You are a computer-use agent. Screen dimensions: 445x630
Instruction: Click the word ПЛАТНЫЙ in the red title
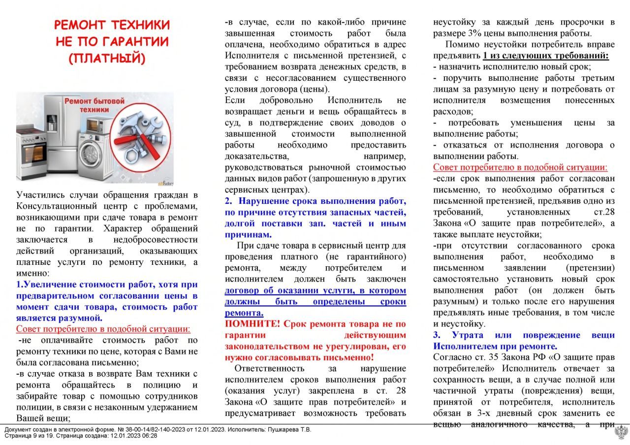point(107,58)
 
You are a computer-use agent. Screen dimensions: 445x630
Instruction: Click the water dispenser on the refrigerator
point(51,121)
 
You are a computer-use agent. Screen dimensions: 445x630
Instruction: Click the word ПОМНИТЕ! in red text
point(252,323)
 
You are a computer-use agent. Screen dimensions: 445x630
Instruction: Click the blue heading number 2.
point(228,201)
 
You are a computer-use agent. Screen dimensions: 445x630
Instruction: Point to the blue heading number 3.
point(437,335)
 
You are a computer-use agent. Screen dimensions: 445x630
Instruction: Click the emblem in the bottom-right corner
point(621,433)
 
